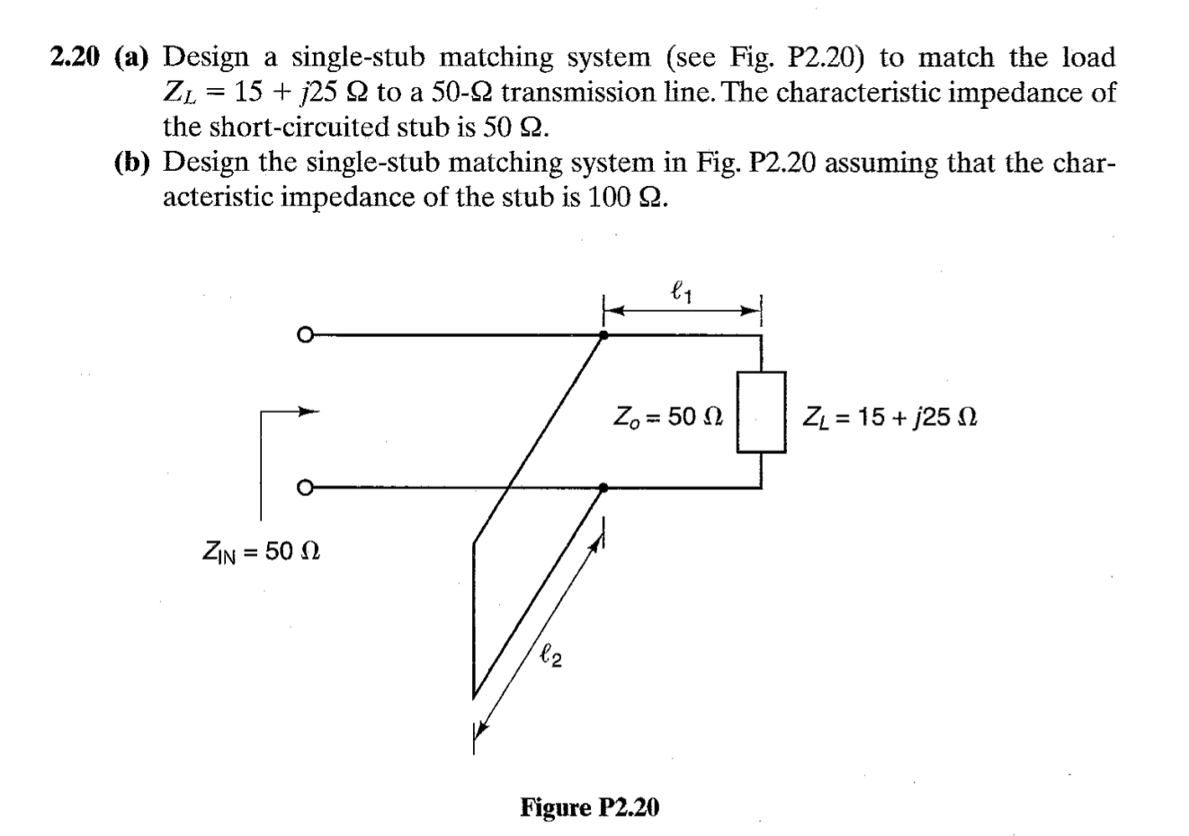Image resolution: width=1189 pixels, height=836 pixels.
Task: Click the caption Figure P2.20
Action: tap(589, 807)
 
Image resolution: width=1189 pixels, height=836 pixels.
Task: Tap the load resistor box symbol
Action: tap(762, 412)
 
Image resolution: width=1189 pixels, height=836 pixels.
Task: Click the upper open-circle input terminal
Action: tap(305, 335)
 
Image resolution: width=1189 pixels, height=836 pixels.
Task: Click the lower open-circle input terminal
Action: tap(305, 488)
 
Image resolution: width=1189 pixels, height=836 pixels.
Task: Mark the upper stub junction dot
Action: tap(603, 335)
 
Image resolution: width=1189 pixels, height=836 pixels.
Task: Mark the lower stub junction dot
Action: tap(603, 488)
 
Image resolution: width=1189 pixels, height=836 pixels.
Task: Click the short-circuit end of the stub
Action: tap(473, 620)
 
